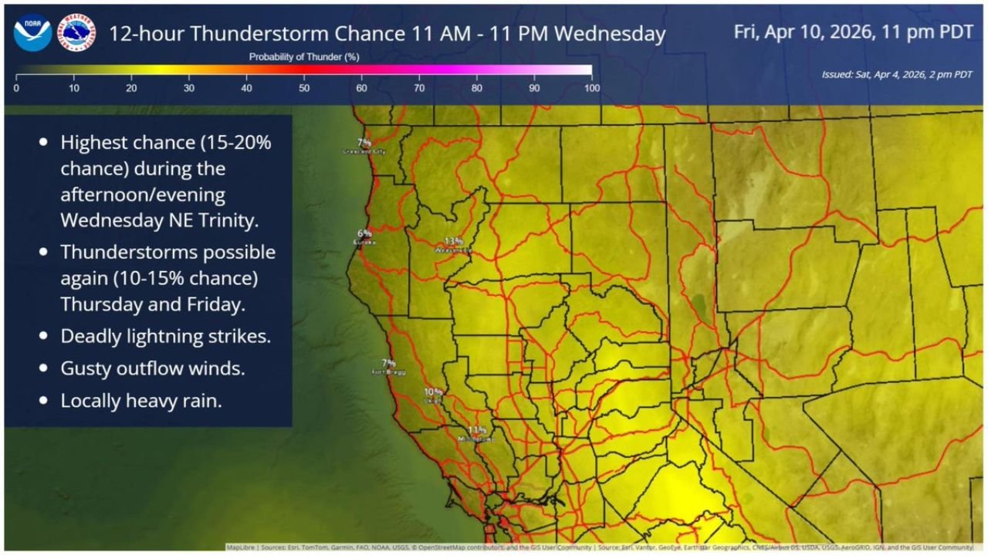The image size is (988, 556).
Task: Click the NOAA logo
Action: [x=32, y=32]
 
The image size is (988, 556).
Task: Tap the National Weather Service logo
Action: [x=76, y=32]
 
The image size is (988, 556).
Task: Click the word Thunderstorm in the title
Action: [x=247, y=34]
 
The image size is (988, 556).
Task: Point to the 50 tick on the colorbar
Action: [x=304, y=88]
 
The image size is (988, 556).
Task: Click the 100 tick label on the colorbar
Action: [x=592, y=88]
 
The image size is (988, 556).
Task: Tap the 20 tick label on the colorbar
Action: [x=131, y=88]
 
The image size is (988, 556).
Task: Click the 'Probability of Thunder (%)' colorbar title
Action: [x=304, y=57]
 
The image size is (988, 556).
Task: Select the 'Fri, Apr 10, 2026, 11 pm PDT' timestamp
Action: [x=852, y=32]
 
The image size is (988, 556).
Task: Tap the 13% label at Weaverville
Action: [x=453, y=241]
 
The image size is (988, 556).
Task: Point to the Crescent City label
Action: [x=364, y=151]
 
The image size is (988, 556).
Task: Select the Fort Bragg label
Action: [x=388, y=371]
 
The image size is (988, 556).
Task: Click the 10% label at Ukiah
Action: [x=433, y=392]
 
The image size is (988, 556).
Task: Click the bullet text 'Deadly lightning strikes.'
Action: [x=166, y=337]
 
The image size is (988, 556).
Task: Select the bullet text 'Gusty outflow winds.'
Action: [x=153, y=368]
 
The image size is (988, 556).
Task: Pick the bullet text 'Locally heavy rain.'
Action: [x=141, y=401]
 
